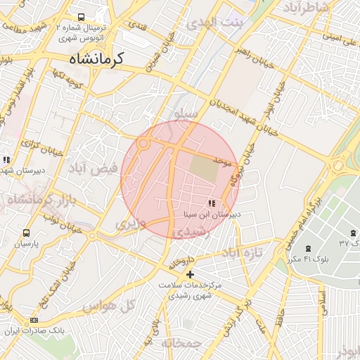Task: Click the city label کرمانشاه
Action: pos(96,59)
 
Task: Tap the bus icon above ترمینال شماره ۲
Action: pos(82,18)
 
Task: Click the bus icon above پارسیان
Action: pos(27,233)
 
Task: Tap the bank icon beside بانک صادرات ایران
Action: pos(34,321)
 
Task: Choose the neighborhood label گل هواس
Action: pos(108,307)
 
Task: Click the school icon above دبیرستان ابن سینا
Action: pos(212,203)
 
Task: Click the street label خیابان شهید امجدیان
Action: pos(234,98)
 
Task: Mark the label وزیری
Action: pos(131,225)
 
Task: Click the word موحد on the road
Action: pos(224,162)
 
